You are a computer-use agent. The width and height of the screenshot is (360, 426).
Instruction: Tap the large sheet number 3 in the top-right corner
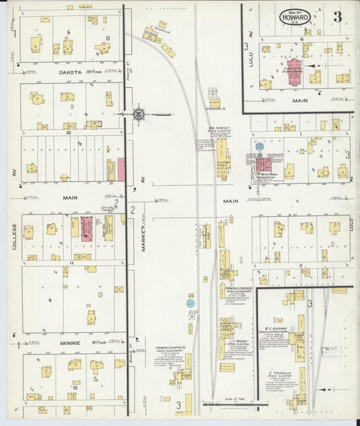336,16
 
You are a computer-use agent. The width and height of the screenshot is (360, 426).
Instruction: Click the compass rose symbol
138,114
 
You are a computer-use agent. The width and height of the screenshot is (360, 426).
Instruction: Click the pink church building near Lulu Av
294,76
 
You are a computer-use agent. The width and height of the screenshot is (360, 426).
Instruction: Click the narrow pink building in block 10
122,169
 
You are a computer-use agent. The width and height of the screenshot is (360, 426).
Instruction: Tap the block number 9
68,32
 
